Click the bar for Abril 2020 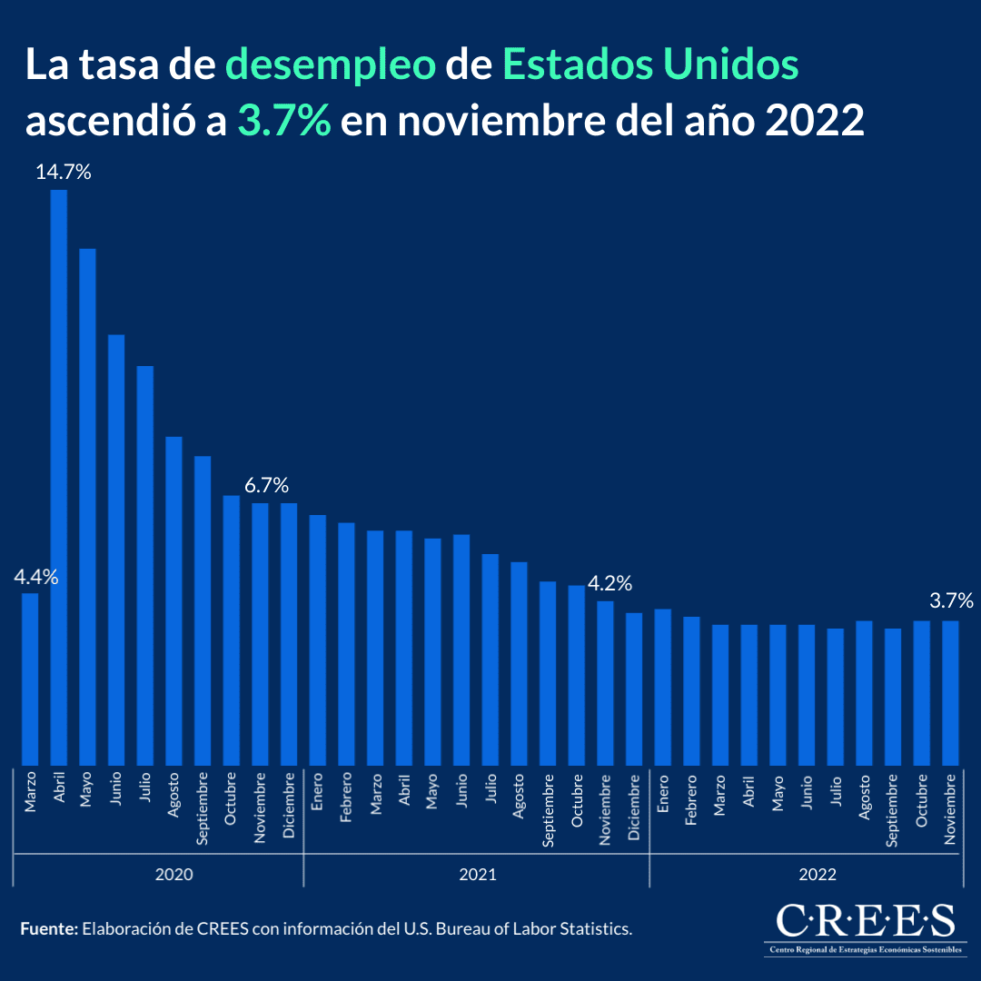pos(59,477)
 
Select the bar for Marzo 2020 pos(30,679)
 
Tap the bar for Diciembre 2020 pos(289,633)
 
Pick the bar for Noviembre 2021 pos(605,682)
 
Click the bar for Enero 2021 pos(318,639)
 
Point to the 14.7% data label pos(64,173)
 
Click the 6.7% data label pos(266,485)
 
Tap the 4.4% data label pos(35,577)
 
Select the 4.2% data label pos(609,583)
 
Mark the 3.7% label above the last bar pos(951,600)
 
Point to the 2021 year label pos(477,875)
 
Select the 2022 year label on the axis pos(817,875)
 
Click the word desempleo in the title pos(331,64)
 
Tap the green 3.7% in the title pos(284,120)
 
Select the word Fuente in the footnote pos(48,929)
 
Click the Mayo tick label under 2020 pos(88,790)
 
